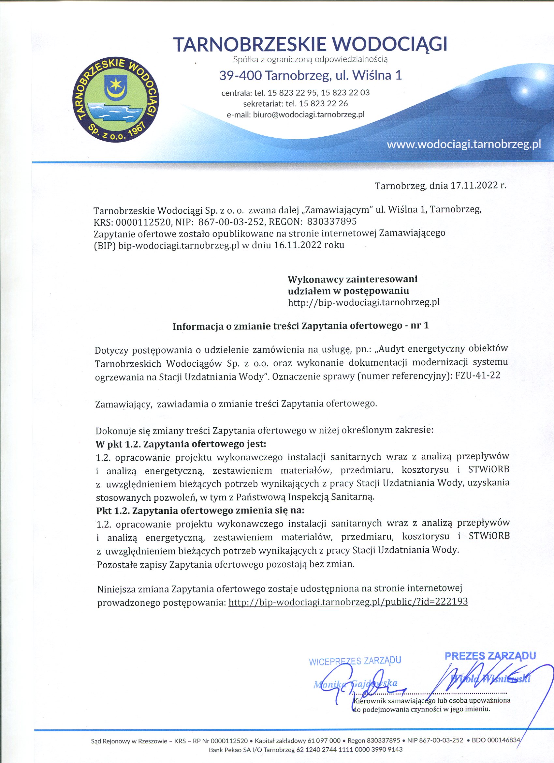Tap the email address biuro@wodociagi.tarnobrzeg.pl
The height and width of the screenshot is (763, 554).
point(309,114)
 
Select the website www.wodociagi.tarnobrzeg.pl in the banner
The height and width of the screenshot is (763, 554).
point(464,144)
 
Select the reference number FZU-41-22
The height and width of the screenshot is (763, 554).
point(478,376)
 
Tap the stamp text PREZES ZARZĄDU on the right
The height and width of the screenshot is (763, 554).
point(490,656)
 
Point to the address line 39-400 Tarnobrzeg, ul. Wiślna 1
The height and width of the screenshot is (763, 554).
point(310,76)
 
